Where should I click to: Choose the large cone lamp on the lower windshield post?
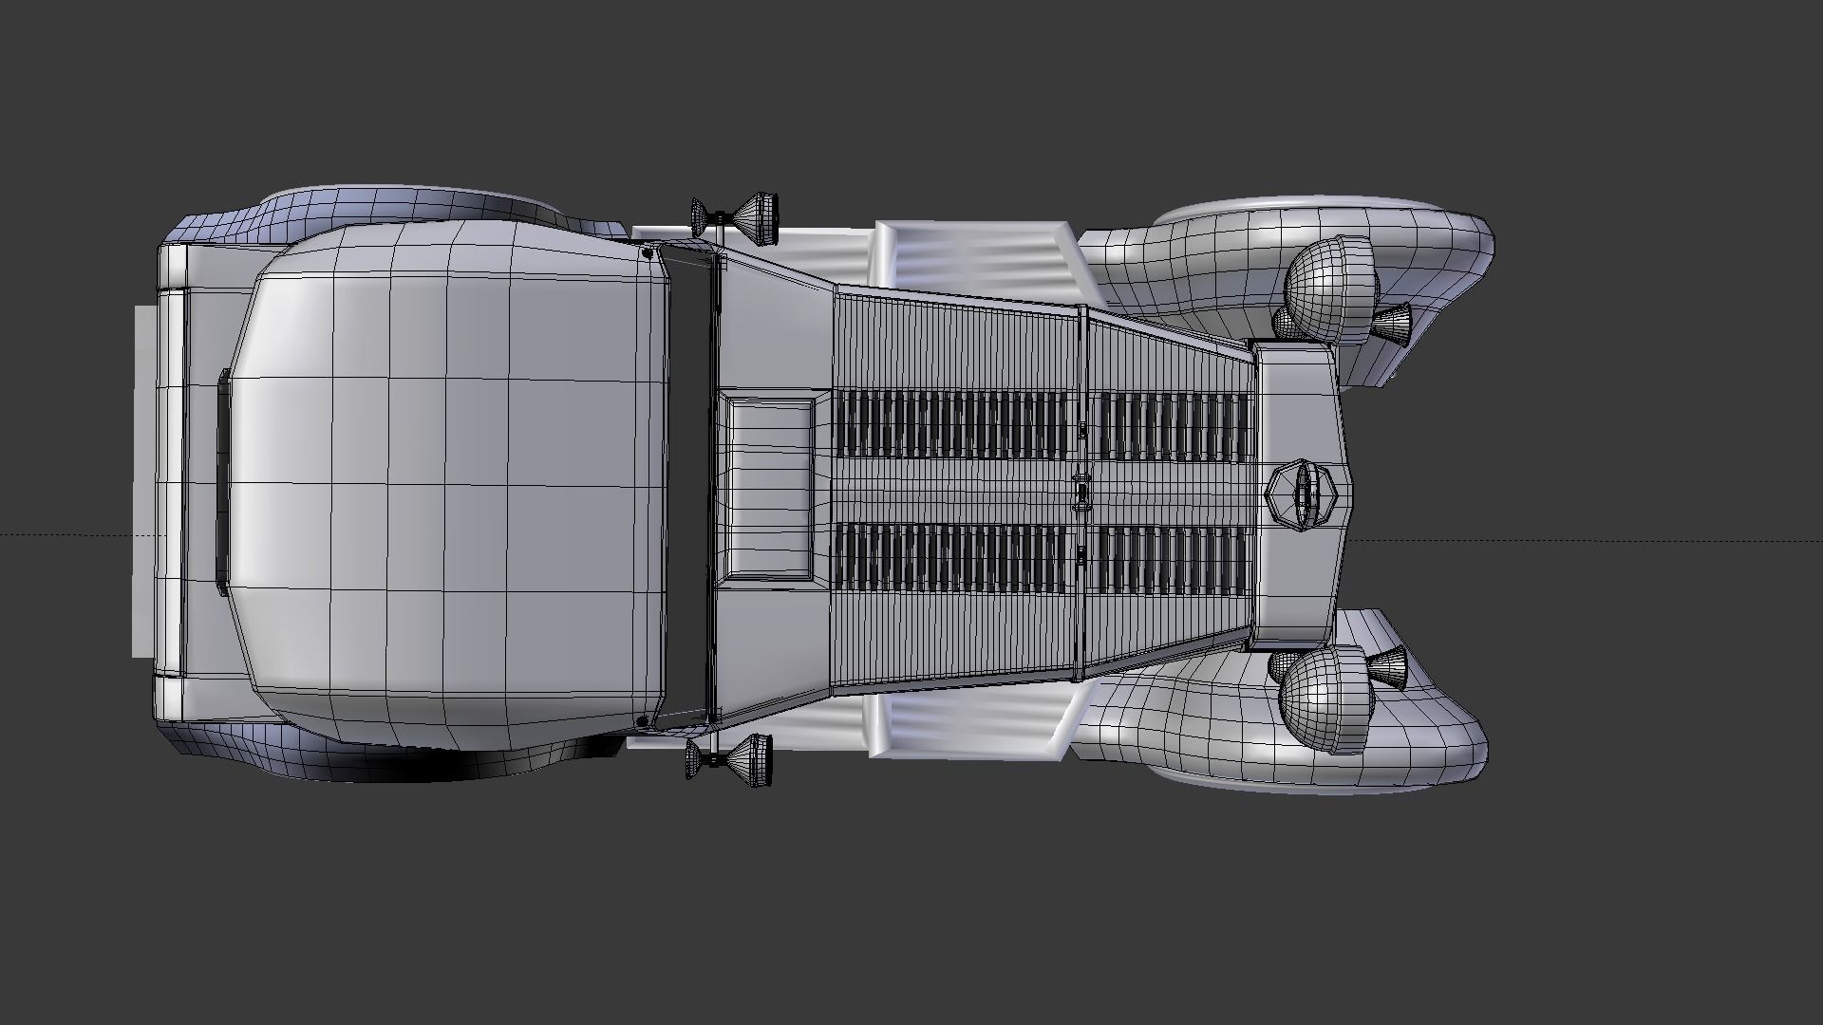click(750, 755)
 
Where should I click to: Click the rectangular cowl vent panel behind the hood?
click(769, 489)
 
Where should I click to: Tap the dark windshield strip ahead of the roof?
click(689, 489)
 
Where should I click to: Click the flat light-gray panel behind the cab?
click(145, 484)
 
